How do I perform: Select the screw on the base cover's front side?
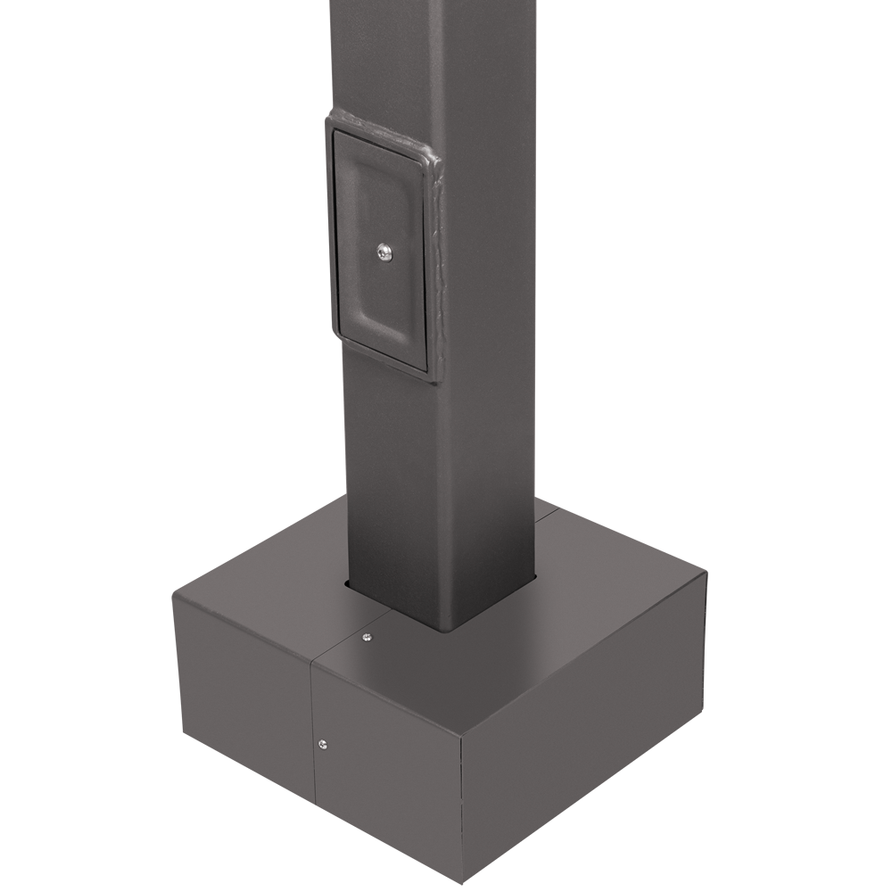pos(322,742)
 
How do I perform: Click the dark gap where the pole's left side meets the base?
pos(348,585)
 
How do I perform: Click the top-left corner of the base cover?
pos(173,599)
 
